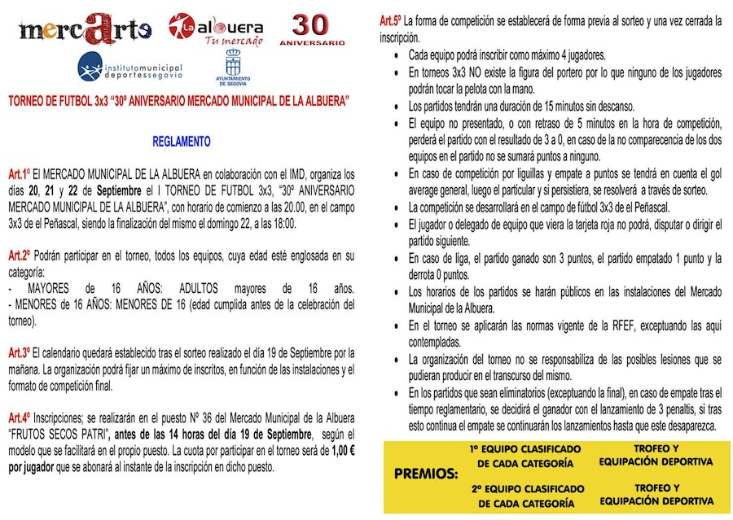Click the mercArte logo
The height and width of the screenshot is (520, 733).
click(x=85, y=29)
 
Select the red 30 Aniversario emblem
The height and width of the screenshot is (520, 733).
click(x=312, y=29)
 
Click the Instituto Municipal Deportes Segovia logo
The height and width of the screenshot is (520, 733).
click(x=130, y=67)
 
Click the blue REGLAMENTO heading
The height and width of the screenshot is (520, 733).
click(x=182, y=142)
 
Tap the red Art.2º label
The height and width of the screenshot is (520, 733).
click(x=20, y=256)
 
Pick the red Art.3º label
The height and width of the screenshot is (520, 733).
click(x=20, y=352)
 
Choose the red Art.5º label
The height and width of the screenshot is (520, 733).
click(x=391, y=20)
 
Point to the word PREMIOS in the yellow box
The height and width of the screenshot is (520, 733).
click(x=426, y=473)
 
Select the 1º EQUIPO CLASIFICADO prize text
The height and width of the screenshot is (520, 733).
click(x=525, y=456)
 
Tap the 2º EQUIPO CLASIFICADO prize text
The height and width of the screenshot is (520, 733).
click(x=525, y=496)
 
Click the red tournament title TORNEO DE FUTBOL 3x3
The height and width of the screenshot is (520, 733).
click(x=178, y=102)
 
